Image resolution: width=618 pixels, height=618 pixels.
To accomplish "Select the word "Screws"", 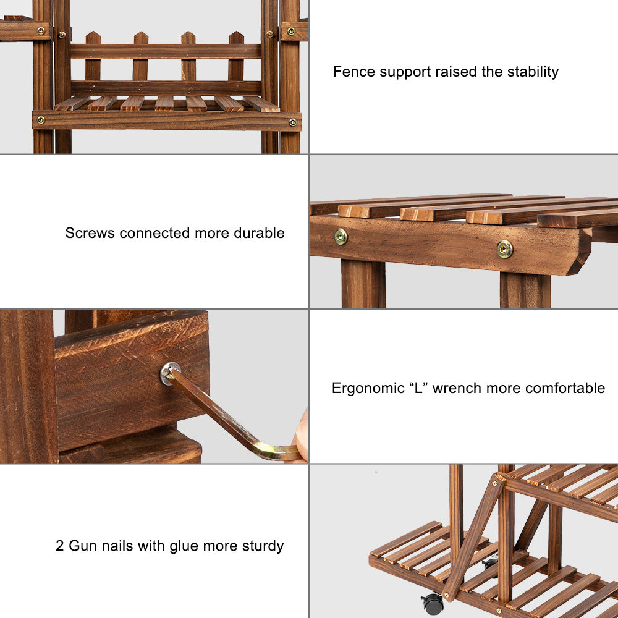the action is pyautogui.click(x=90, y=233).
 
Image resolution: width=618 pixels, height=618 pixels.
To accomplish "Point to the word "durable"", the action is pyautogui.click(x=259, y=233).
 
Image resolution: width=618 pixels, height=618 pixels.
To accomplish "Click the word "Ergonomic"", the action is pyautogui.click(x=368, y=389).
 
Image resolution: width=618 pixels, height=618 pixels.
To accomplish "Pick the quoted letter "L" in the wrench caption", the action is pyautogui.click(x=418, y=388).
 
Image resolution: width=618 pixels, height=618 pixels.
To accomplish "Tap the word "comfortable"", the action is pyautogui.click(x=565, y=388).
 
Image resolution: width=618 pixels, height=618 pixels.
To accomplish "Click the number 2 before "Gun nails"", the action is pyautogui.click(x=59, y=546).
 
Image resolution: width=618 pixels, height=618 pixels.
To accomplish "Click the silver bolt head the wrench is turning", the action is pyautogui.click(x=170, y=373).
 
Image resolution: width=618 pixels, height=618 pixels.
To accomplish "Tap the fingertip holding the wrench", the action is pyautogui.click(x=301, y=436).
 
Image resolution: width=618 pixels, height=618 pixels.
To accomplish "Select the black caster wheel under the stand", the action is pyautogui.click(x=433, y=603).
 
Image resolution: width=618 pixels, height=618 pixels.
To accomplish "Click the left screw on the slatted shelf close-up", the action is pyautogui.click(x=341, y=237).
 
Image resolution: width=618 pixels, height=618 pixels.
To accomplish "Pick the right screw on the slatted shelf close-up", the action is pyautogui.click(x=504, y=249).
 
